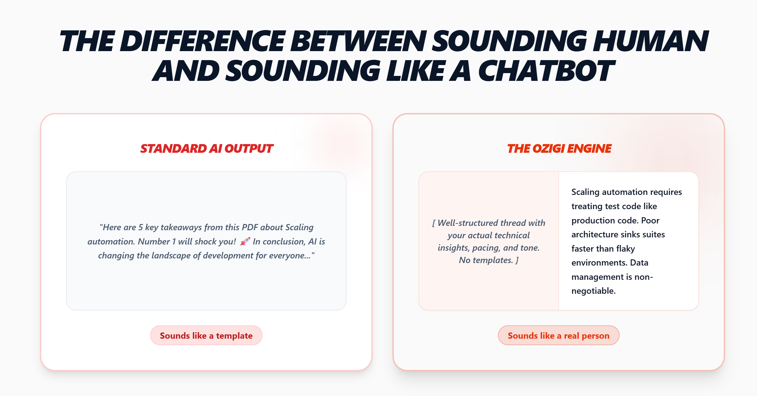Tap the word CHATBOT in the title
click(x=546, y=71)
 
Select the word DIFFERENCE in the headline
click(x=203, y=41)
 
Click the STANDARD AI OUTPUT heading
click(x=207, y=149)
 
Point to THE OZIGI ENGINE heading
click(x=559, y=149)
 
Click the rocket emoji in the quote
click(x=245, y=241)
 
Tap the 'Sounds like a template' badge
click(x=206, y=335)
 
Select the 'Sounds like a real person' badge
click(x=559, y=335)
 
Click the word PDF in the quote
click(x=250, y=227)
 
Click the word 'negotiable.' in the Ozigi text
click(x=594, y=291)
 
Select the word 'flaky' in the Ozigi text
click(x=625, y=249)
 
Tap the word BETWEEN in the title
click(x=358, y=41)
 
